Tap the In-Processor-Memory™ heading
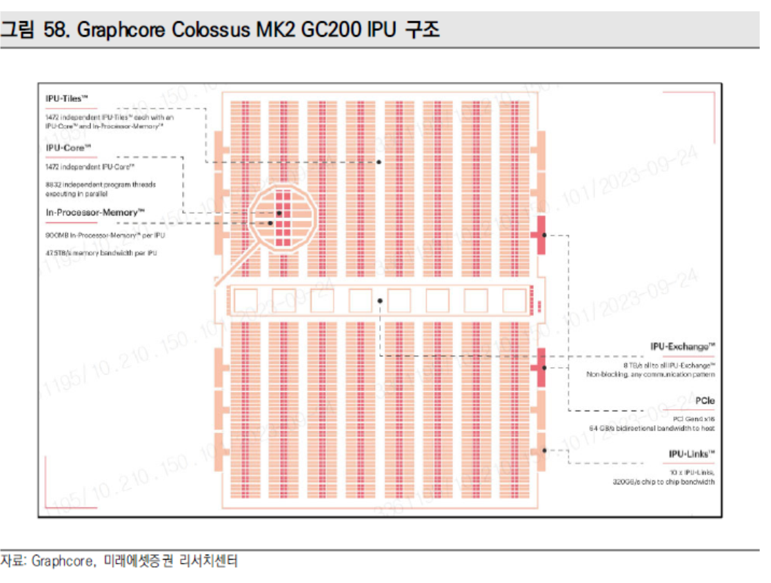click(x=95, y=213)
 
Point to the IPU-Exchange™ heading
click(x=682, y=346)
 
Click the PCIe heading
click(x=705, y=400)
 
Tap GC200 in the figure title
click(x=330, y=30)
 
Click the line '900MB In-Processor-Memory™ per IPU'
click(x=105, y=235)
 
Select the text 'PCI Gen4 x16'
click(x=694, y=419)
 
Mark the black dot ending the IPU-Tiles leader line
click(x=379, y=162)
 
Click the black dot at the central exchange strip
click(x=380, y=301)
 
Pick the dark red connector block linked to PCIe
click(x=539, y=235)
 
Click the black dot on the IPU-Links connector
click(x=544, y=451)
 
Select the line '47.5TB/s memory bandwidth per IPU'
click(x=101, y=253)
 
